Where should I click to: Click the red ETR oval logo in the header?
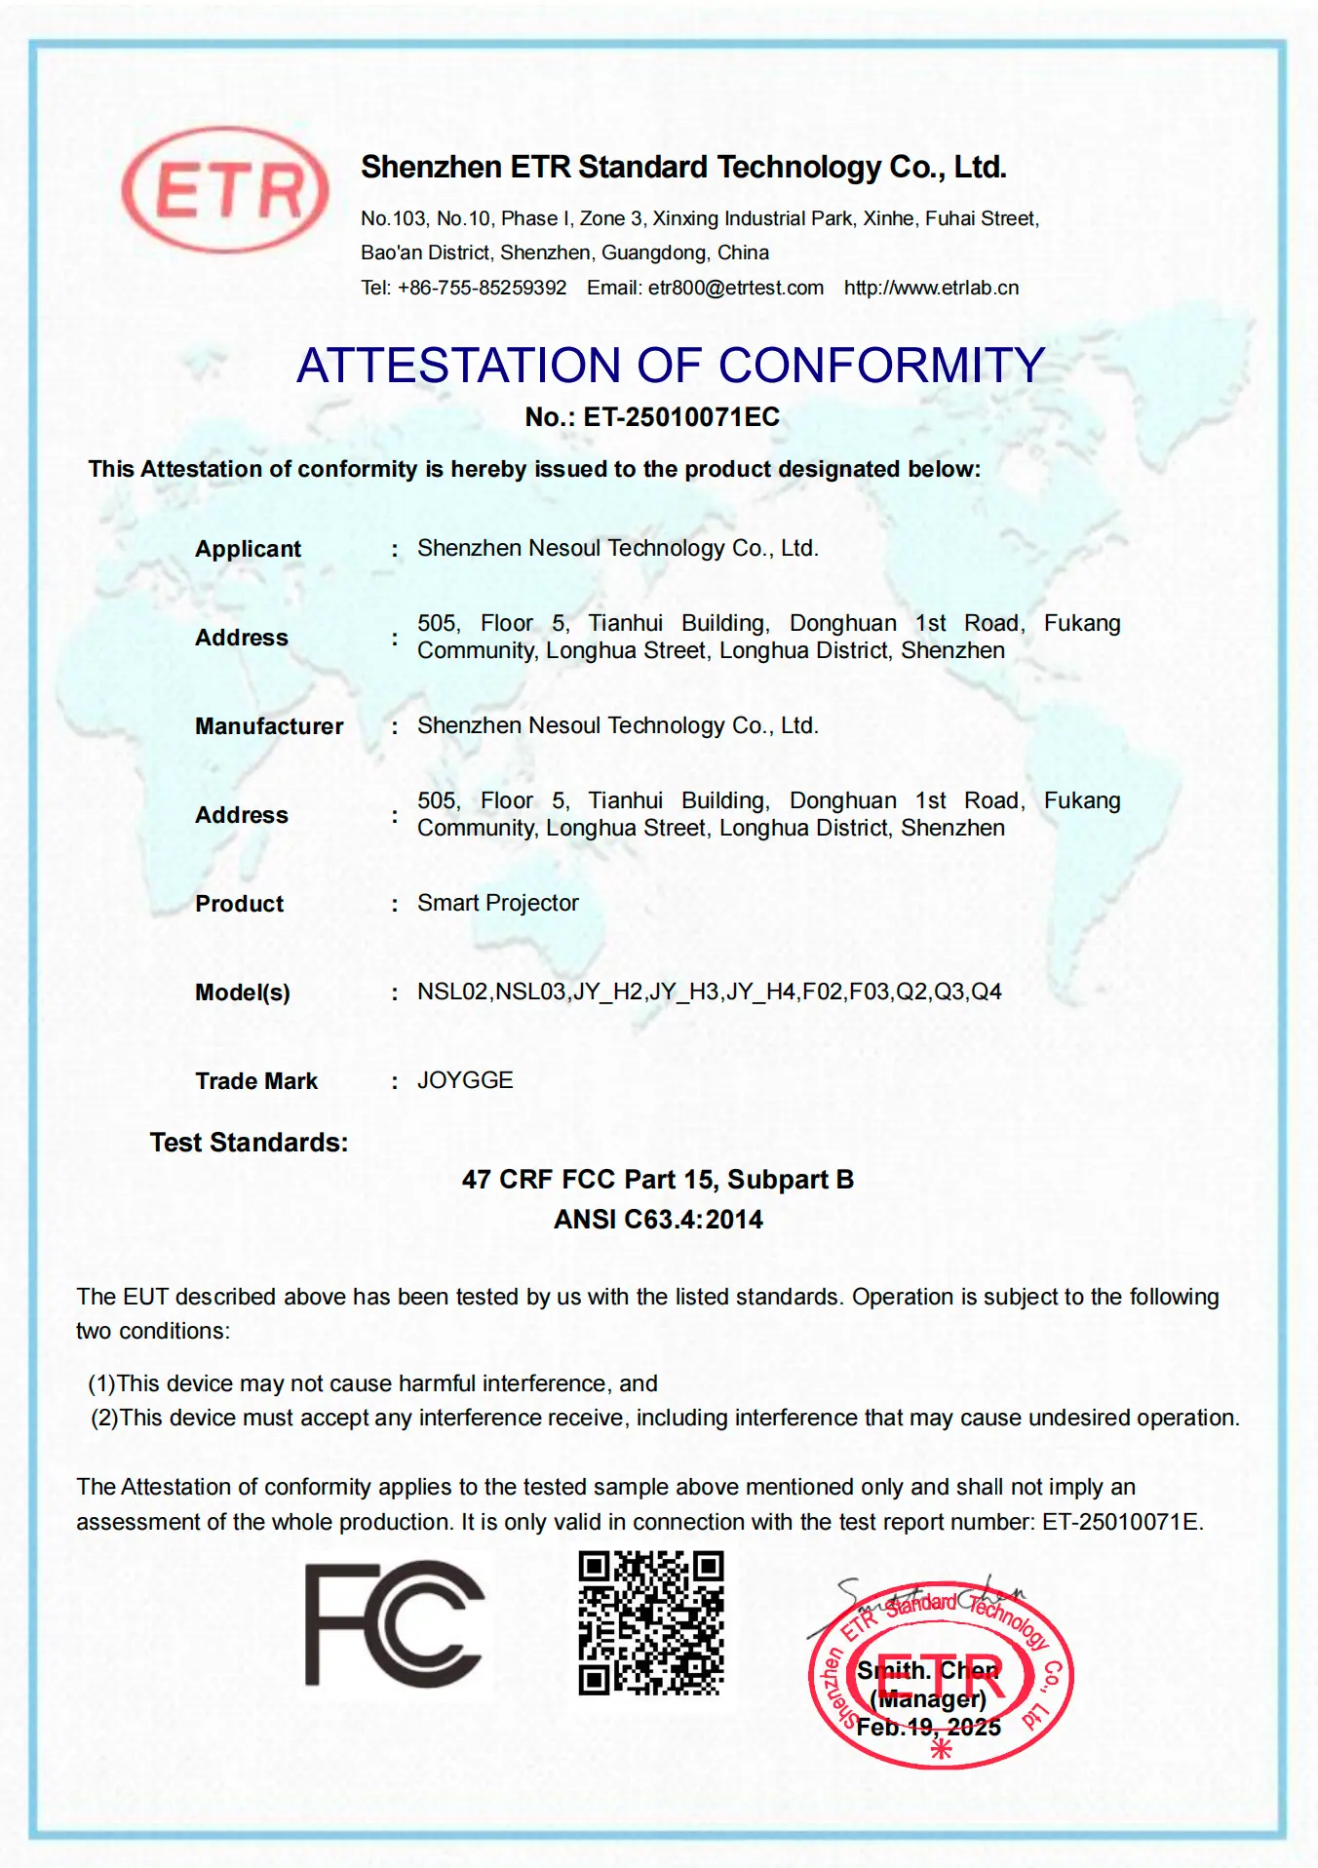225,189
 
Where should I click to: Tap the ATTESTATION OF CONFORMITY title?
671,366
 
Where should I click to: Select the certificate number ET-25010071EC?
681,417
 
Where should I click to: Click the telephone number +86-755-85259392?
482,288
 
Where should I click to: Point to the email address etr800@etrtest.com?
735,288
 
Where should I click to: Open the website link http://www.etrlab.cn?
931,288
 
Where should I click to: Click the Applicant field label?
248,549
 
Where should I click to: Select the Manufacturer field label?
269,726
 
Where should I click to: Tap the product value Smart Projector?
498,903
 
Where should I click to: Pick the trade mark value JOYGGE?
465,1080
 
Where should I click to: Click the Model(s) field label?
243,992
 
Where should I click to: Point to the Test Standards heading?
249,1143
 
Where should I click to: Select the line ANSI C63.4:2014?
658,1220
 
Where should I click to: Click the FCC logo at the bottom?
394,1623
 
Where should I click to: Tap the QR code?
651,1623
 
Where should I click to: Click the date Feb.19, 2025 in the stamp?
928,1728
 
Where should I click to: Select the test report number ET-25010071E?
1122,1522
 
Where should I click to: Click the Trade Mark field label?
256,1081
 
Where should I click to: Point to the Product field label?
239,904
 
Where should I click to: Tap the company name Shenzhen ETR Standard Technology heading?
683,168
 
